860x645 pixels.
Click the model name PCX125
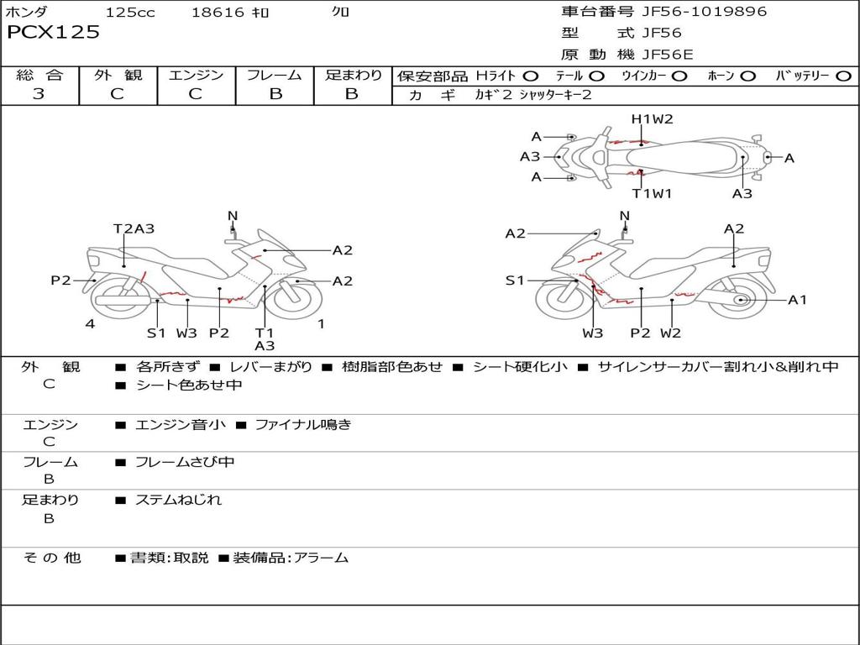53,33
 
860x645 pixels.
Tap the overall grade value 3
39,94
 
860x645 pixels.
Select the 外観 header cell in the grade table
118,76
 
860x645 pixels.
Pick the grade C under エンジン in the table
195,94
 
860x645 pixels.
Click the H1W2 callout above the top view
653,119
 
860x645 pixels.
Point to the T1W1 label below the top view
653,194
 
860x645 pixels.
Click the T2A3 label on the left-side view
134,228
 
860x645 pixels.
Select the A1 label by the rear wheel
797,300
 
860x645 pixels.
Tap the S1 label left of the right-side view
514,281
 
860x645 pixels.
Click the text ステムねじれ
178,500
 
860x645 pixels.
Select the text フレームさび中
185,462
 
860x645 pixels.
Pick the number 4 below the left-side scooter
90,323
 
